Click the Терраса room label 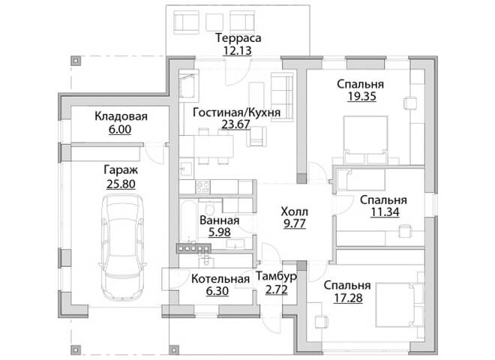pos(238,38)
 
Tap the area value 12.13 pos(238,50)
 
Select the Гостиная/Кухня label pos(236,112)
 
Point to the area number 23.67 pos(235,124)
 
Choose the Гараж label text pos(121,170)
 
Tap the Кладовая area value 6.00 pos(120,130)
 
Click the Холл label pos(294,211)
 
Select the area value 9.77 pos(295,223)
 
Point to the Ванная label pos(220,220)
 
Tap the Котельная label pos(220,279)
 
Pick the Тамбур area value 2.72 pos(277,289)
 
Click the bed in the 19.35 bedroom pos(365,139)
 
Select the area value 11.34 pos(385,212)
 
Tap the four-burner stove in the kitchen pos(202,186)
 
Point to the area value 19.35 pos(361,96)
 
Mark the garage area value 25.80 pos(121,184)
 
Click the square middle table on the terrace pos(214,22)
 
